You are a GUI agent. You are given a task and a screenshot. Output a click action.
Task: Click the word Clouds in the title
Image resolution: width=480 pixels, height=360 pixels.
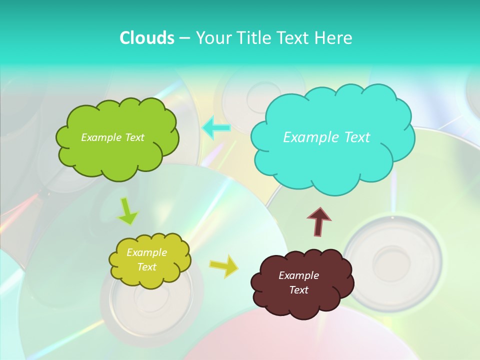146,38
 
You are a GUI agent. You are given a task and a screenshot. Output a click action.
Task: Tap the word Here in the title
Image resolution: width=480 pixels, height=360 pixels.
335,38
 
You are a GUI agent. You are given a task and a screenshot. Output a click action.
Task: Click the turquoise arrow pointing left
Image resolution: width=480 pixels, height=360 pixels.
216,128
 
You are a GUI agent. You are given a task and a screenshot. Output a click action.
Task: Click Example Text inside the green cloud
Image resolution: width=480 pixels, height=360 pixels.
112,137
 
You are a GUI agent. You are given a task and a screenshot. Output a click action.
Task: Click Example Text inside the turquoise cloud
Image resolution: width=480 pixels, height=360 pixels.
326,137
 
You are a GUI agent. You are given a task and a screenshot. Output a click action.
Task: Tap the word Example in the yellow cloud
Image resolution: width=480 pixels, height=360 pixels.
146,252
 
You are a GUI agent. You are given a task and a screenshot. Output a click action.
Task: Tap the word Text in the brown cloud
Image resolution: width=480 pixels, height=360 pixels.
298,290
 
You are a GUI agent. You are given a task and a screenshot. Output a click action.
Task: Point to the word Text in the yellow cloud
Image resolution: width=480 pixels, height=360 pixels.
146,267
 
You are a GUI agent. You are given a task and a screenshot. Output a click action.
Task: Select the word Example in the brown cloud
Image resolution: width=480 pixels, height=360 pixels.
298,275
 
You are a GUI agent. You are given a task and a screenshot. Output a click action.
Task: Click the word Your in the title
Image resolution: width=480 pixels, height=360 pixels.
212,38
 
